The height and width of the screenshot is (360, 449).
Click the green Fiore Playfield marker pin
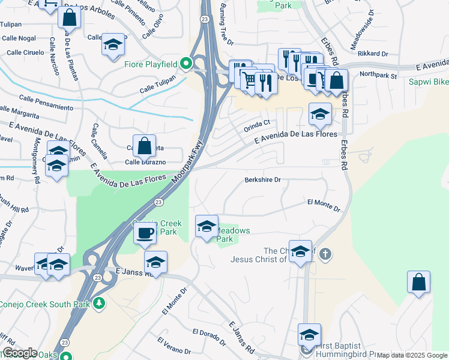point(186,63)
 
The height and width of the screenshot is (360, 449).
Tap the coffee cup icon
point(144,233)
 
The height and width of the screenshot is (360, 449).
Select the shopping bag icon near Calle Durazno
point(144,145)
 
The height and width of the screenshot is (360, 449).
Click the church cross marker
point(325,254)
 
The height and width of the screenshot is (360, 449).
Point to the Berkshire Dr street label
point(263,179)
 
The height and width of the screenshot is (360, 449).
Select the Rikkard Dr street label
point(373,53)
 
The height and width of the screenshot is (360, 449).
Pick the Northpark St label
point(378,76)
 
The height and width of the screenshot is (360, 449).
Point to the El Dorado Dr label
point(209,337)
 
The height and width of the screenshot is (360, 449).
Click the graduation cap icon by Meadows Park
point(206,226)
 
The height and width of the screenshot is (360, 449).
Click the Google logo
point(19,353)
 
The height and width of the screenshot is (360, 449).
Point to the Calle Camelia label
point(100,142)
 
